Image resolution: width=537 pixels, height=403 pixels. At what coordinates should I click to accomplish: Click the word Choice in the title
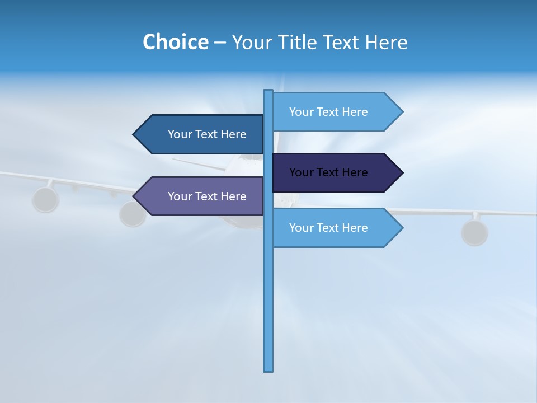click(x=175, y=42)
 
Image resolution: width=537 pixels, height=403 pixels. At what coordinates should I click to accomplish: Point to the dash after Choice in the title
click(x=220, y=43)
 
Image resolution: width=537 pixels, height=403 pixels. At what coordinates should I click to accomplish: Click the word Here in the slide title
click(x=387, y=42)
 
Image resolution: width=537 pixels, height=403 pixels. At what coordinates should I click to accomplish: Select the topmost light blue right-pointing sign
click(x=330, y=112)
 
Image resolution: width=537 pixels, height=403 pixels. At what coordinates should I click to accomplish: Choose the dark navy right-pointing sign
click(x=330, y=172)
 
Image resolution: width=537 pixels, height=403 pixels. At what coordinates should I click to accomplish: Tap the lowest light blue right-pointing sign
click(x=330, y=228)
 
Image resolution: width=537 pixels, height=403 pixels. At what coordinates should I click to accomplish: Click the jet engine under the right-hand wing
click(x=474, y=232)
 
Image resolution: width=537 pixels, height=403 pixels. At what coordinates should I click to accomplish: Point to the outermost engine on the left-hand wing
click(x=45, y=199)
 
